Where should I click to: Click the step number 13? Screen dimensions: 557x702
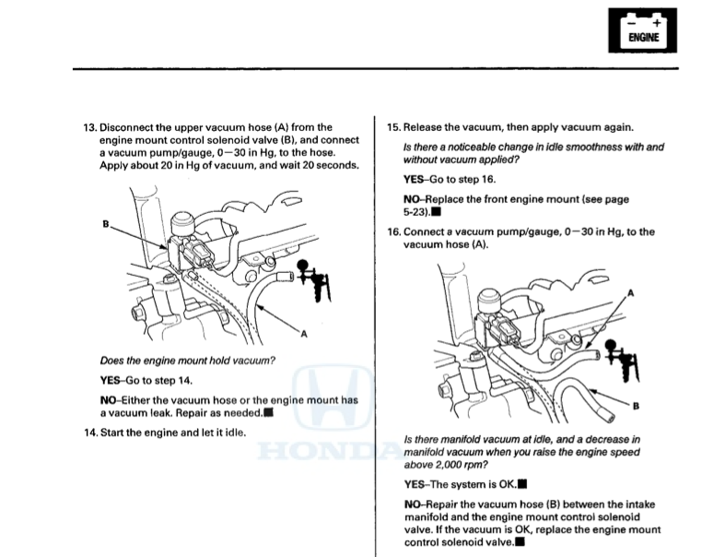(x=89, y=127)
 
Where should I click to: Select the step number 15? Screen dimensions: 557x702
(x=394, y=127)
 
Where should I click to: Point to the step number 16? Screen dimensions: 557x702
(x=394, y=231)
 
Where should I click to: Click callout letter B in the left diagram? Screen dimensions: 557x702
(x=106, y=222)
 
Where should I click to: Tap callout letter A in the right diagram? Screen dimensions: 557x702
(x=631, y=292)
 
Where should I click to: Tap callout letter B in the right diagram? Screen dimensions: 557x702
(x=637, y=408)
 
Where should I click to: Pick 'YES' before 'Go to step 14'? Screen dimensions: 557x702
(x=111, y=380)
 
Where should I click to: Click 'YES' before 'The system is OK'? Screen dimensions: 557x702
(x=416, y=483)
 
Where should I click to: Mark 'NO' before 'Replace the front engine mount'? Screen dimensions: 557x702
(x=415, y=198)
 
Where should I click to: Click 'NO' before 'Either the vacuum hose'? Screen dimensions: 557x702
(x=110, y=400)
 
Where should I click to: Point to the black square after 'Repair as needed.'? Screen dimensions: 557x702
(x=268, y=413)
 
